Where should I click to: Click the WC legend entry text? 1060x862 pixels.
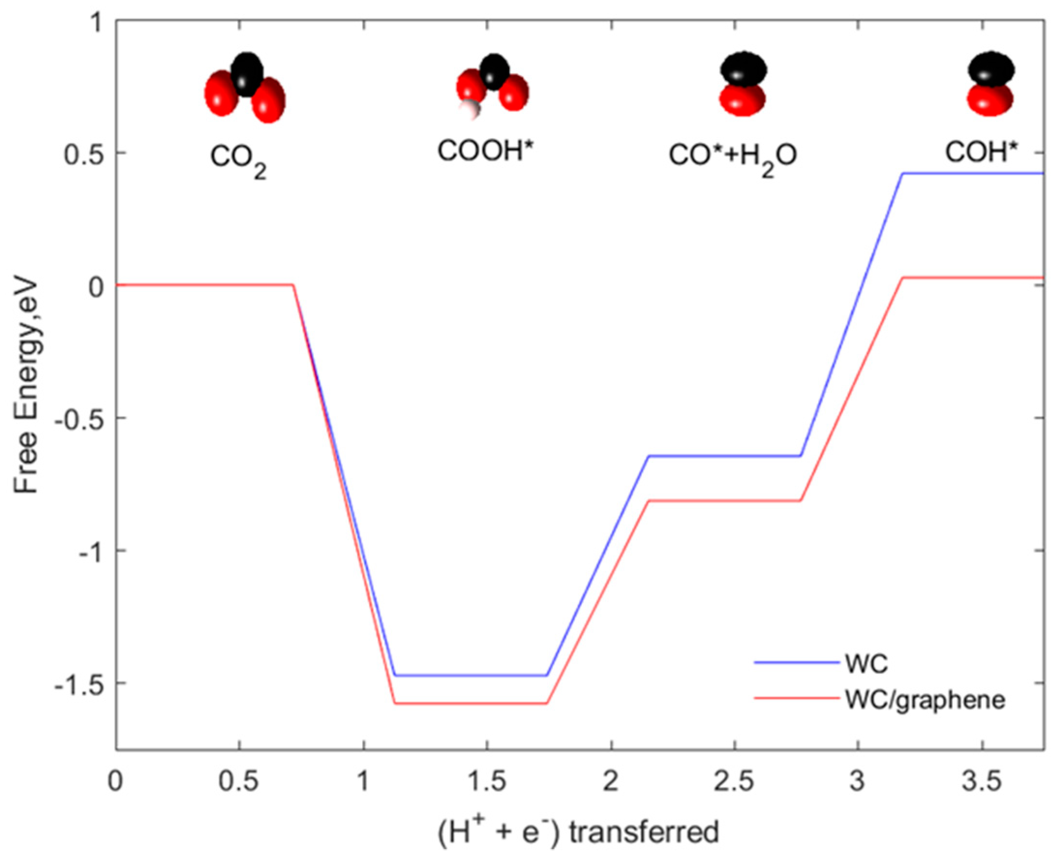(866, 663)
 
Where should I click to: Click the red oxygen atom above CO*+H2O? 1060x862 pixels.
(742, 100)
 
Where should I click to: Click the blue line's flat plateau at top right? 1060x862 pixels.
(973, 173)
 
